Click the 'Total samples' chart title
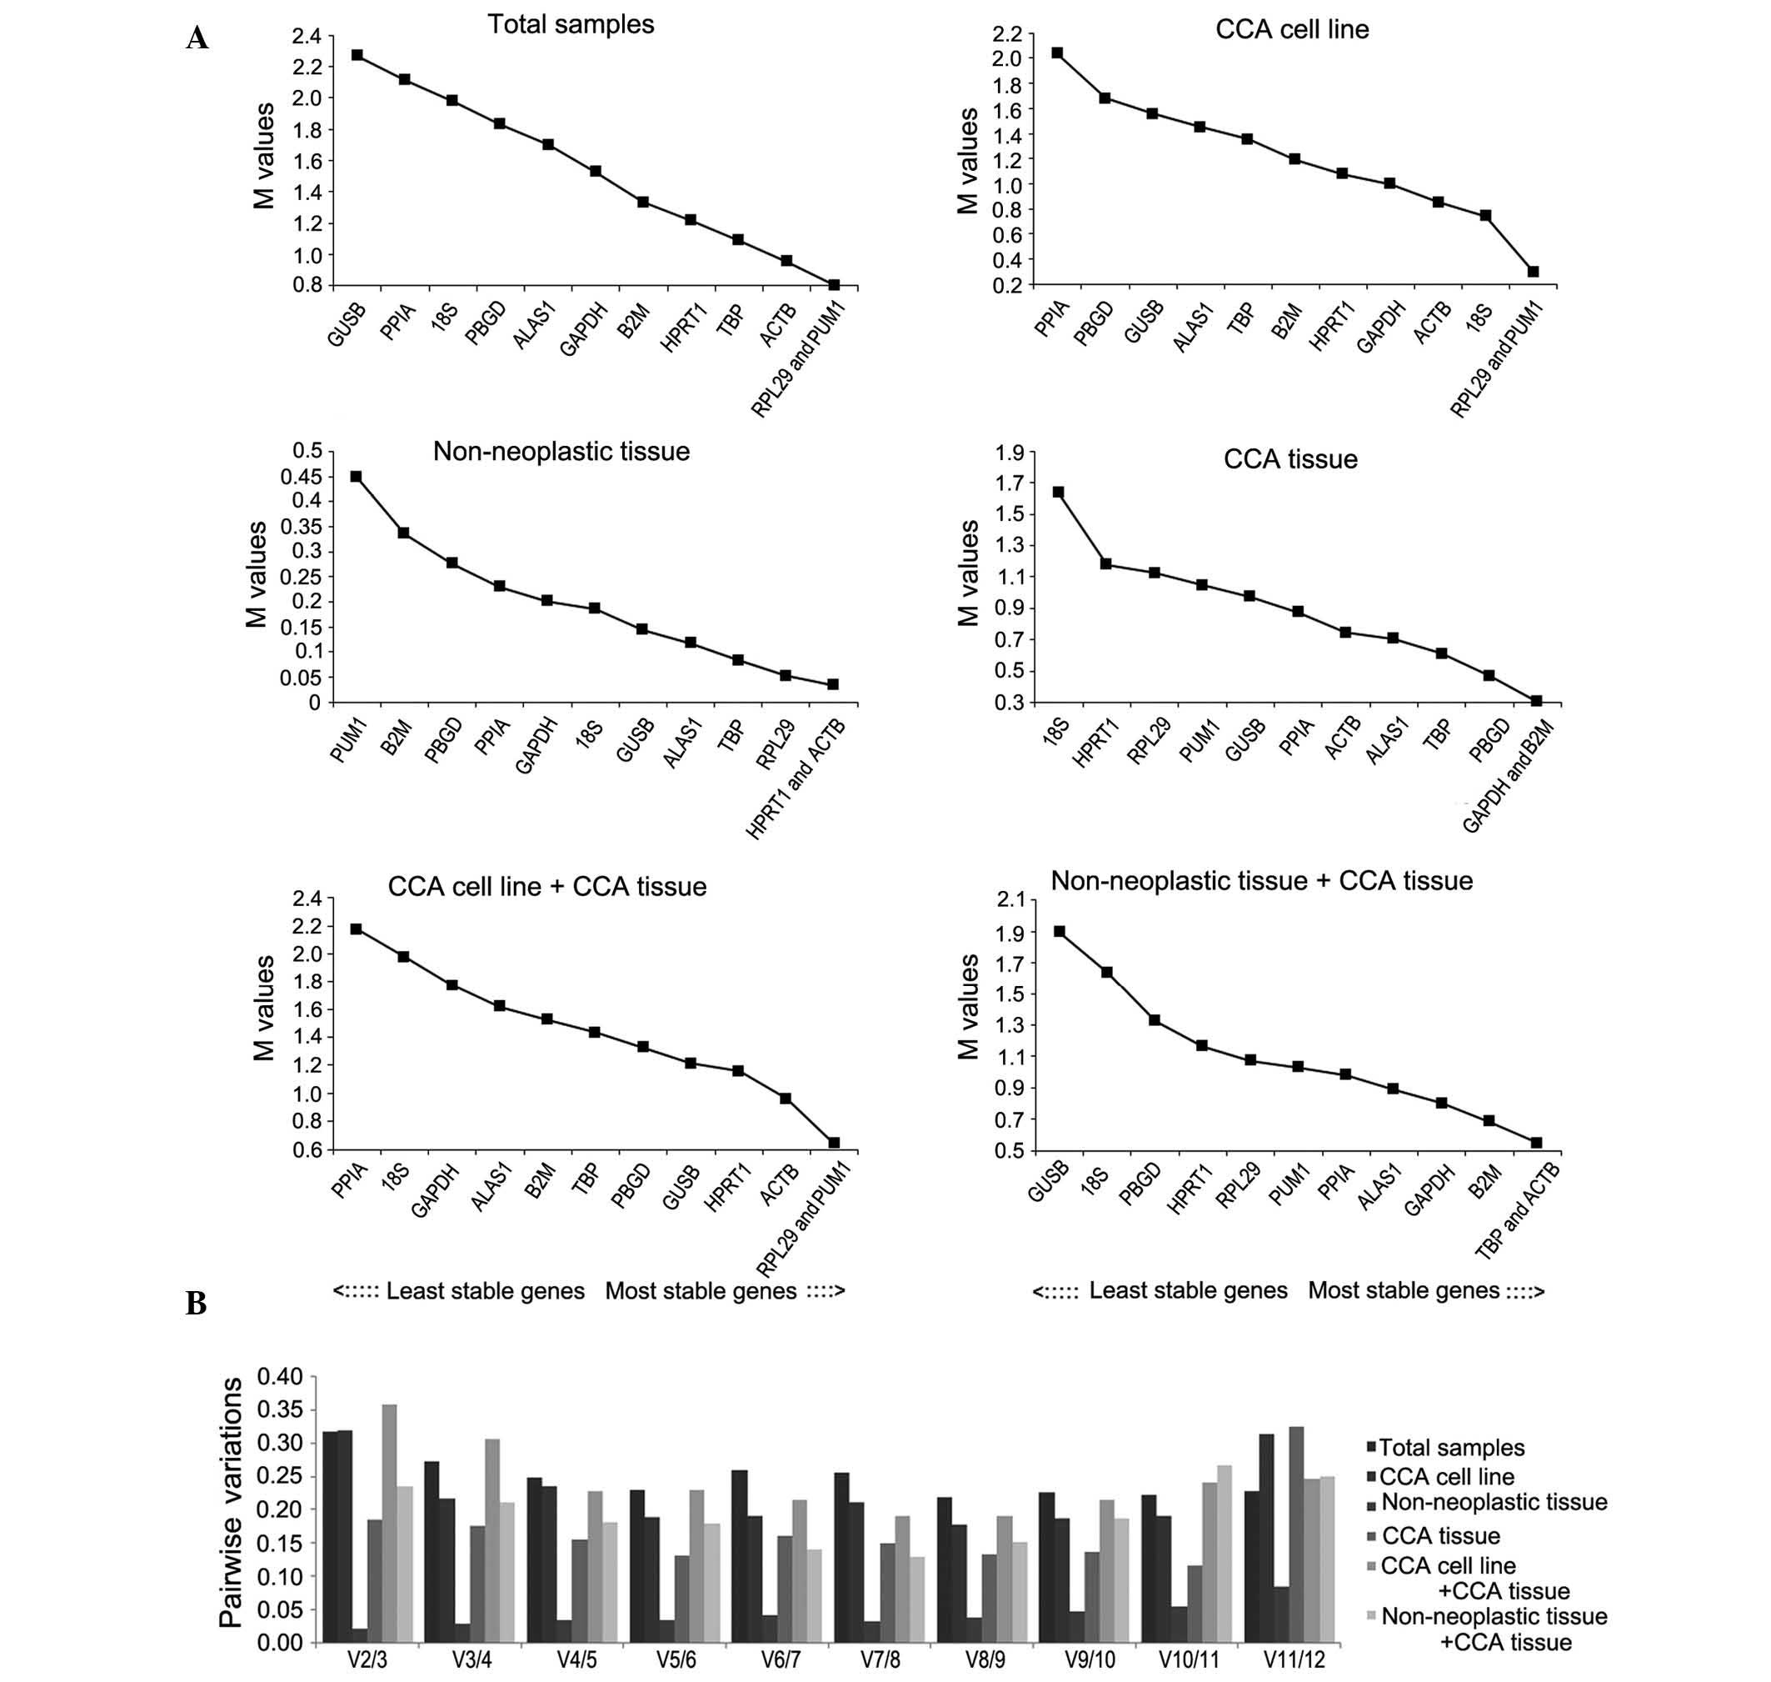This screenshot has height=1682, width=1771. (571, 24)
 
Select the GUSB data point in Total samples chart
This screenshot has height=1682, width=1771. (357, 55)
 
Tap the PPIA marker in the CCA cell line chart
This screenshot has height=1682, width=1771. (1058, 53)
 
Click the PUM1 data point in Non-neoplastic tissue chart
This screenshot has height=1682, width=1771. (356, 477)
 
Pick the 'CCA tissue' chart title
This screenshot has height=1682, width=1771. (1290, 459)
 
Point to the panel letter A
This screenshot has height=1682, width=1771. (197, 38)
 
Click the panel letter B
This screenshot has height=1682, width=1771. (196, 1303)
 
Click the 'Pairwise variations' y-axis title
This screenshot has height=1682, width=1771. (232, 1504)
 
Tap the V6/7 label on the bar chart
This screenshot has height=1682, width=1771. (781, 1659)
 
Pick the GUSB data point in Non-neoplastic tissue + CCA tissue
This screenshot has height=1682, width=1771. (1060, 932)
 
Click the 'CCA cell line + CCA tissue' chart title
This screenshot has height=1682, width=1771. (546, 887)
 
